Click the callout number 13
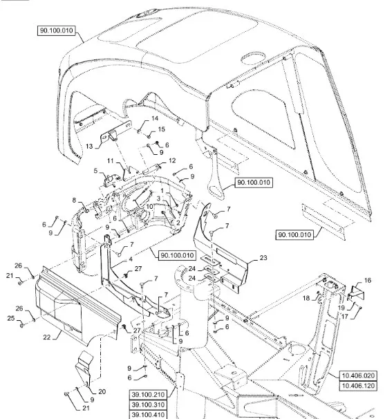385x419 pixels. point(89,146)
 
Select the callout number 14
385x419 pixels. point(155,118)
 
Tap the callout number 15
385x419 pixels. point(162,129)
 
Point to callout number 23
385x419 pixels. point(263,258)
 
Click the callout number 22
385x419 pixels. point(47,337)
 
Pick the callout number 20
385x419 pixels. point(102,392)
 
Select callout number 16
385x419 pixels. point(368,280)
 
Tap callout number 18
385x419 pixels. point(306,298)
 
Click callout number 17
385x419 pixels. point(345,317)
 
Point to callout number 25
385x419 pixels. point(11,318)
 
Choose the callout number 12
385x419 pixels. point(172,160)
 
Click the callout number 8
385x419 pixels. point(74,200)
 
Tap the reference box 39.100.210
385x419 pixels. point(148,394)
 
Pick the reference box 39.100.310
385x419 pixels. point(148,404)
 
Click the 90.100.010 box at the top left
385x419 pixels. point(57,30)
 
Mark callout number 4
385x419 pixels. point(131,259)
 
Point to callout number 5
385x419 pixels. point(95,171)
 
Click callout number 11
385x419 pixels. point(111,161)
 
